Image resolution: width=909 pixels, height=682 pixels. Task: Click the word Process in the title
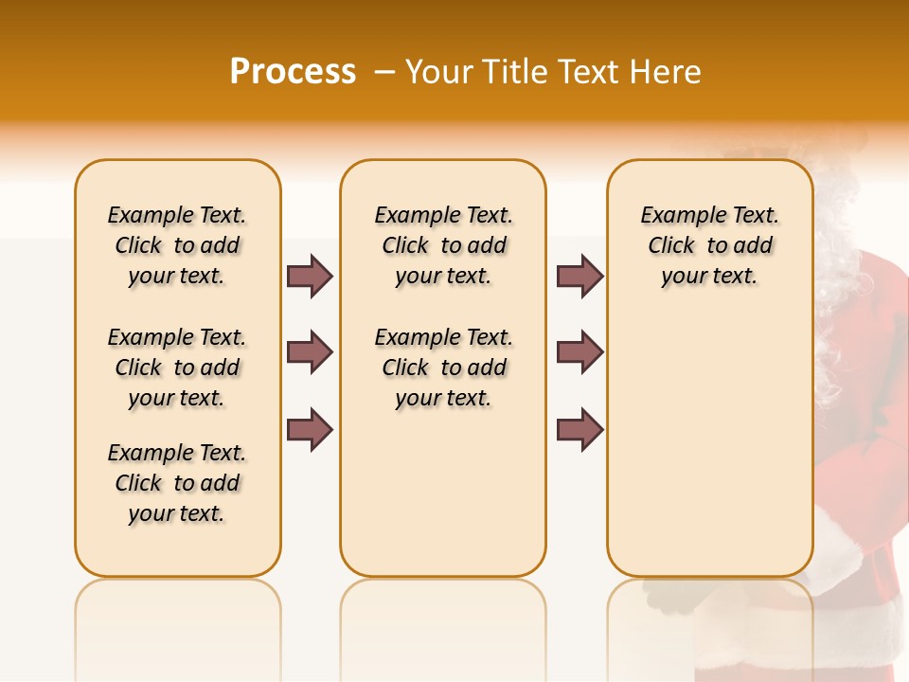[293, 72]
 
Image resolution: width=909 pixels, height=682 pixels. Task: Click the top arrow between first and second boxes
[310, 277]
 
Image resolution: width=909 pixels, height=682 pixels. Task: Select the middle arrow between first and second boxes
[310, 352]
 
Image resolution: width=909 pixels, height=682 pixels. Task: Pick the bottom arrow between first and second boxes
[310, 430]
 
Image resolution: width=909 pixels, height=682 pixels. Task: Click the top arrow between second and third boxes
[579, 277]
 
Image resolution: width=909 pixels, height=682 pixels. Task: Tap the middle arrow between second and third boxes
[579, 352]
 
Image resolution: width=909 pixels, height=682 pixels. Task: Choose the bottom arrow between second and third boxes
[579, 430]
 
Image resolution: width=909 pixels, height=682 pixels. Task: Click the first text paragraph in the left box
[177, 245]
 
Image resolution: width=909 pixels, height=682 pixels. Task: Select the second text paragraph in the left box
[177, 368]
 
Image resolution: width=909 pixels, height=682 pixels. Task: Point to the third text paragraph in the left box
[177, 483]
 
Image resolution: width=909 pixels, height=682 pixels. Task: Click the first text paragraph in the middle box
[443, 245]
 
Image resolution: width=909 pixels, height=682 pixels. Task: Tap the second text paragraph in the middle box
[443, 368]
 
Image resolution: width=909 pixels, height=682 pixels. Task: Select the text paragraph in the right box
[709, 245]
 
